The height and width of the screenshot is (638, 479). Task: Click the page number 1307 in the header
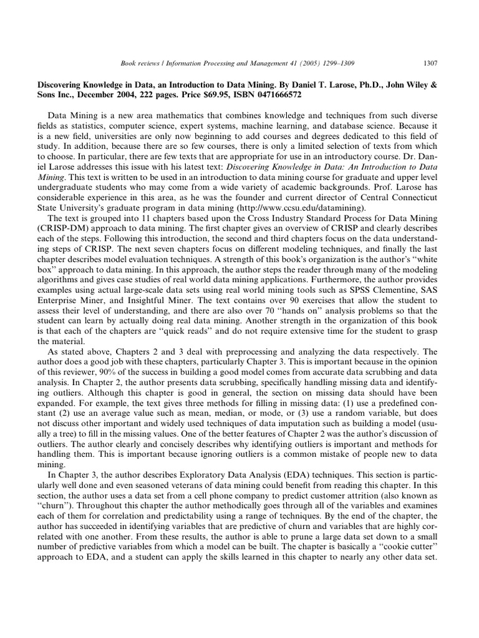[429, 62]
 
